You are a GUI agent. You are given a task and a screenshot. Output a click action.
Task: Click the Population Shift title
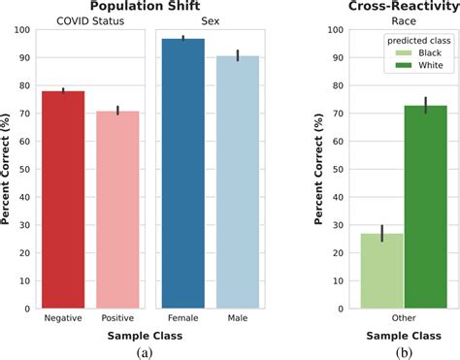(x=147, y=7)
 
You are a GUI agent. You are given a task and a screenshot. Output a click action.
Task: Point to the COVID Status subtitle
(x=90, y=21)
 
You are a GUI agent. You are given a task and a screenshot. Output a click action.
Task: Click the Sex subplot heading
(x=210, y=21)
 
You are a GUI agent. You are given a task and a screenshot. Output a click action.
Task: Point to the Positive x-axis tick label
(x=117, y=318)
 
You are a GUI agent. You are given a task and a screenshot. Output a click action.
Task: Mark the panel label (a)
(x=146, y=351)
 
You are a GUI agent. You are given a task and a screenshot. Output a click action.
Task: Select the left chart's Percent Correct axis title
(x=8, y=170)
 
